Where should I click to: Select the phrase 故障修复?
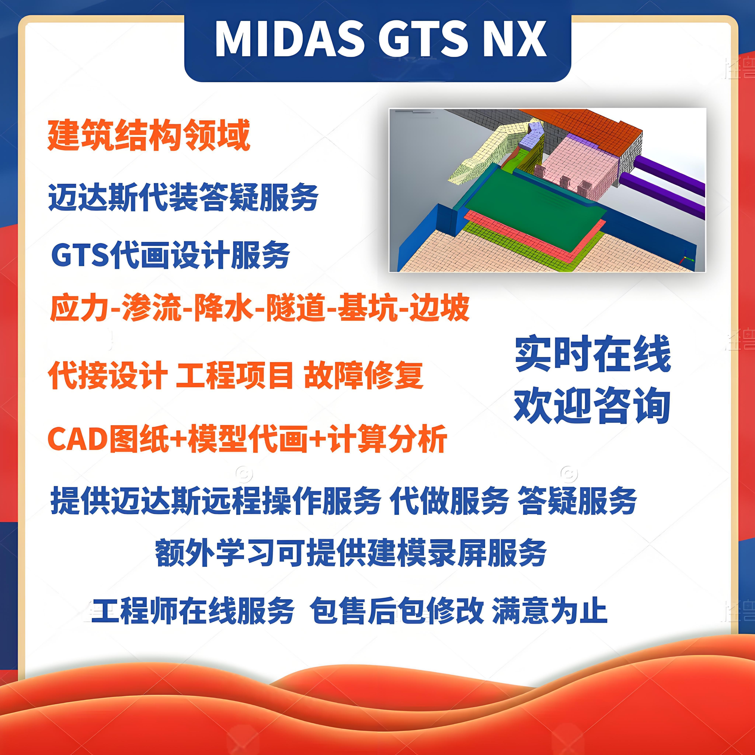click(363, 375)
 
